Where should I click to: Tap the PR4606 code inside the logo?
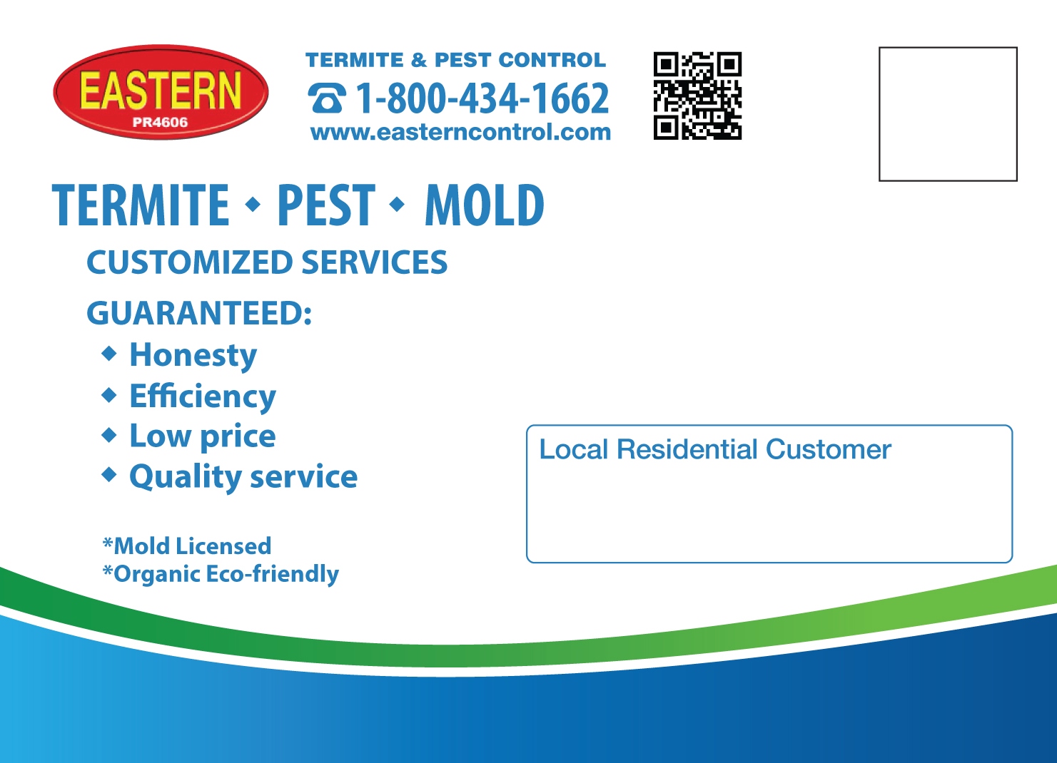(160, 122)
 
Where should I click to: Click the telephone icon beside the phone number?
(327, 98)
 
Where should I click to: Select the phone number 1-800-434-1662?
(482, 98)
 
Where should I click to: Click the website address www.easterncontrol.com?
(460, 132)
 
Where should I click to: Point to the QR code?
(697, 96)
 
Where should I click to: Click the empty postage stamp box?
(948, 114)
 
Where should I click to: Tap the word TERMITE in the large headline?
(141, 205)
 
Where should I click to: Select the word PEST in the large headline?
(325, 205)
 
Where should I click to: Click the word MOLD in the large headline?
(485, 205)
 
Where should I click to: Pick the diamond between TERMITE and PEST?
(253, 205)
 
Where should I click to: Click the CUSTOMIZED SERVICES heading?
(267, 262)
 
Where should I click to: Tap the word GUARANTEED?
(199, 313)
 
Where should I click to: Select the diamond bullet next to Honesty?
(109, 353)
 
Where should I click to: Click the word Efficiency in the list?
(203, 396)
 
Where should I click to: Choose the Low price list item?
(203, 436)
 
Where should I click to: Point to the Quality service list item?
(243, 476)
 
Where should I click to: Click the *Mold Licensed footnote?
(187, 546)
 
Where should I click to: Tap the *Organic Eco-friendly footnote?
(221, 574)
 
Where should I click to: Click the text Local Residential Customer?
(715, 450)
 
